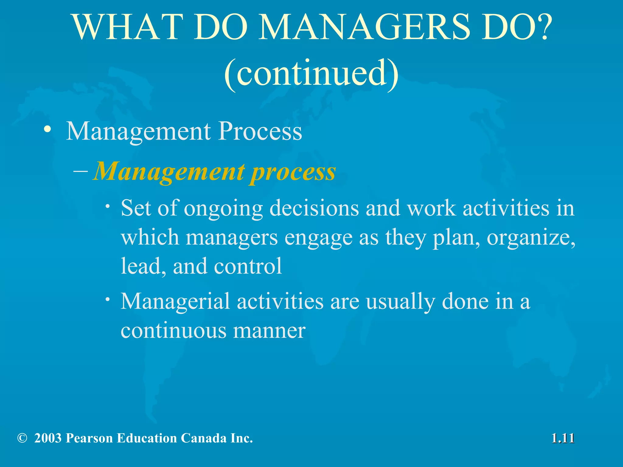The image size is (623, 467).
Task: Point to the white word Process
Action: [260, 131]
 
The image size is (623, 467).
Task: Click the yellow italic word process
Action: [292, 172]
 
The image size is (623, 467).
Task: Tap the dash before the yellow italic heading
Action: [81, 171]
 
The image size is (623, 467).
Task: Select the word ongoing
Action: [224, 209]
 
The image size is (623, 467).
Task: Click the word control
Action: [248, 266]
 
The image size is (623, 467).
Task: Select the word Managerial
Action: [175, 302]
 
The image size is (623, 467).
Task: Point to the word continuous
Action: [173, 330]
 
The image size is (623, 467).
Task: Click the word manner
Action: [269, 330]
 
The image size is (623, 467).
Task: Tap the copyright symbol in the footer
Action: [22, 438]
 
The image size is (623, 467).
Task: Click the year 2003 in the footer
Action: [48, 438]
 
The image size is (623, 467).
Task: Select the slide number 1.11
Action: [563, 438]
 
